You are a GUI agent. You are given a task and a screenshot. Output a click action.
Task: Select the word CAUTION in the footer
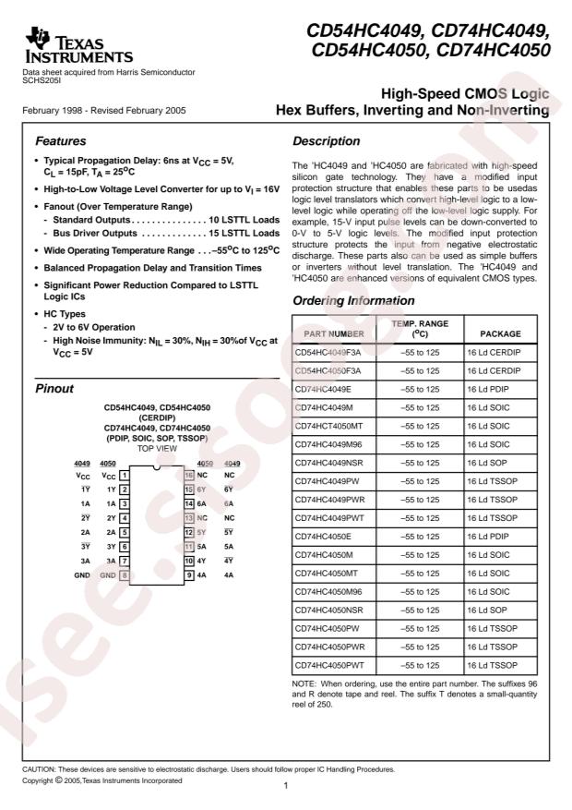pyautogui.click(x=41, y=768)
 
